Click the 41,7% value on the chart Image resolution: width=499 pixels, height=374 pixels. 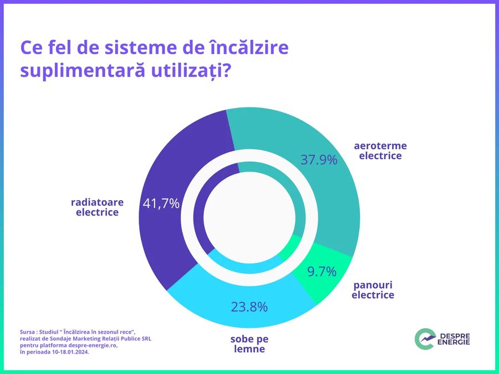(161, 203)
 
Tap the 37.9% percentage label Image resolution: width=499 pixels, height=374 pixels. (319, 160)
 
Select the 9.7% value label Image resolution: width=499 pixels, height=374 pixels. (322, 271)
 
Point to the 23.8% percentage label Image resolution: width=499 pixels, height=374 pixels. (249, 306)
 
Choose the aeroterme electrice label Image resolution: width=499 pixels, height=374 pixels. (380, 151)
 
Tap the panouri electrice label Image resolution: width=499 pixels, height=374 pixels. (373, 290)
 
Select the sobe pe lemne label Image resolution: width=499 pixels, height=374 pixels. (249, 344)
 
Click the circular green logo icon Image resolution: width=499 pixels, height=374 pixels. (425, 339)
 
